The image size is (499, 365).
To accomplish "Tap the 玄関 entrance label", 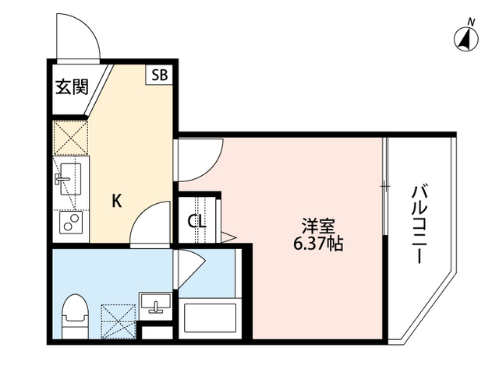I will tap(70, 86).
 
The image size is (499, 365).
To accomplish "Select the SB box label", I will tap(160, 75).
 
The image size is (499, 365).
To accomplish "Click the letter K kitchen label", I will tap(116, 201).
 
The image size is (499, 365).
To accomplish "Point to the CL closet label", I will tap(196, 221).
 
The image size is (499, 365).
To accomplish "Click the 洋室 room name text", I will tap(319, 226).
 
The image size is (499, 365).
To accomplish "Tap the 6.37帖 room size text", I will tap(319, 244).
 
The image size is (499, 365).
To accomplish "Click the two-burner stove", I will tap(71, 225).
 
